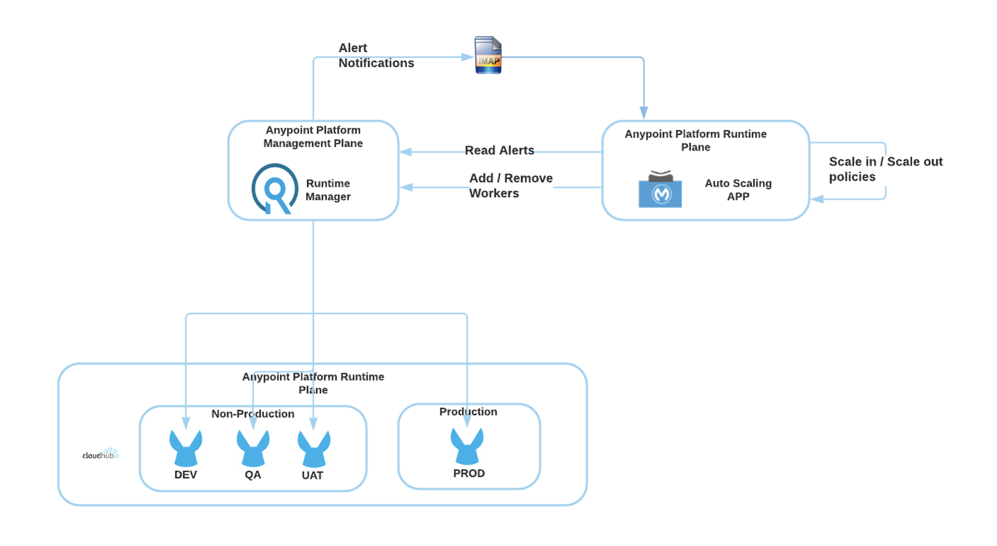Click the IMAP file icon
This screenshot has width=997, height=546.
488,56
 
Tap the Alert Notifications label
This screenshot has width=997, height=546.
376,56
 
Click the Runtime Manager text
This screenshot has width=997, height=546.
328,190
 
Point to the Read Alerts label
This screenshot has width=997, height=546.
499,150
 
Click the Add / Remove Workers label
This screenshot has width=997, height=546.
510,185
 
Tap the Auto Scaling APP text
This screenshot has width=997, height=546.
738,190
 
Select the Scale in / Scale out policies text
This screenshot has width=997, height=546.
885,169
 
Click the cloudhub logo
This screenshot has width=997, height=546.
101,454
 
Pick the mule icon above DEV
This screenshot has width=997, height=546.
186,448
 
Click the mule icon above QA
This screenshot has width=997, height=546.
253,448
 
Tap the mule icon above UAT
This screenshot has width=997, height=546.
313,449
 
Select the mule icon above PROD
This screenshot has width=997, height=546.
467,446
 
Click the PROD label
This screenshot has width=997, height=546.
469,474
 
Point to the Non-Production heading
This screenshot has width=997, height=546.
253,414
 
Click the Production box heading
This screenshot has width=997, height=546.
468,412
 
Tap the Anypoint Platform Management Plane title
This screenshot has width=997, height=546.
313,137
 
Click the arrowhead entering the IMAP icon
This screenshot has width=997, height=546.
468,57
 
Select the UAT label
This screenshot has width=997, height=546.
312,475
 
